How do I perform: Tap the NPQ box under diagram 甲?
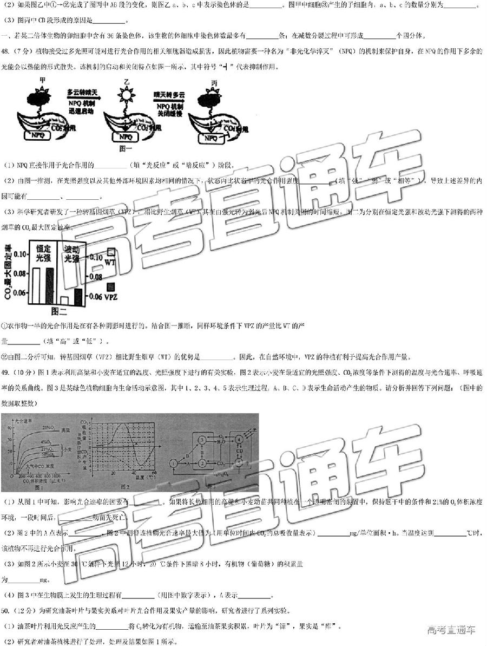(x=38, y=135)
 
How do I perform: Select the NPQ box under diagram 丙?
(x=210, y=138)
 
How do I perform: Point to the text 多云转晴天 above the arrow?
(x=82, y=93)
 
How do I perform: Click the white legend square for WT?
(x=110, y=252)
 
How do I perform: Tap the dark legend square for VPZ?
(x=110, y=286)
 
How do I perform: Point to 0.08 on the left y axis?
(x=18, y=273)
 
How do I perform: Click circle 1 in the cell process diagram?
(x=173, y=464)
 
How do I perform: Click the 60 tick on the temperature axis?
(x=155, y=473)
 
